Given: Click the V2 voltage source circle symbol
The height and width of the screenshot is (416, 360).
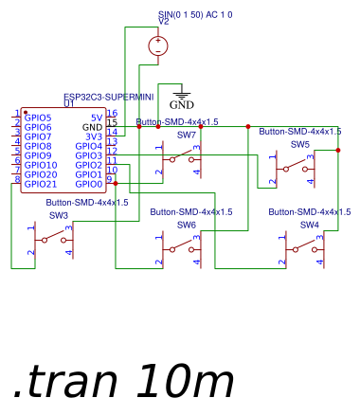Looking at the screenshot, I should click(x=158, y=45).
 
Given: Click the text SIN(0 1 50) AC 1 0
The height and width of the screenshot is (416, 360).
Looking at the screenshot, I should click(x=195, y=15).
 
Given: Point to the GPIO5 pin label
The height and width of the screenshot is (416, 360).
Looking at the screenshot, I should click(x=38, y=118).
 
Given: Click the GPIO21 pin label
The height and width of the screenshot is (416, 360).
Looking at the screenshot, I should click(x=41, y=184).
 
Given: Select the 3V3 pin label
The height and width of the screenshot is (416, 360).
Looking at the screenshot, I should click(x=93, y=136).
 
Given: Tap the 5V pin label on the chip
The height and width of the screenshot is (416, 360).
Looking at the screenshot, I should click(x=96, y=118).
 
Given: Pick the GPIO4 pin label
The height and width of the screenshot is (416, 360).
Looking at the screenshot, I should click(x=88, y=146).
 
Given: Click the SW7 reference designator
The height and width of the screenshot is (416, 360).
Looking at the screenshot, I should click(x=187, y=135).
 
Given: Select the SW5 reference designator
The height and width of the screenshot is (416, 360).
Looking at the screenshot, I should click(x=299, y=144).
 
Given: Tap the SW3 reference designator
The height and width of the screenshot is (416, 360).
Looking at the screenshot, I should click(x=59, y=215).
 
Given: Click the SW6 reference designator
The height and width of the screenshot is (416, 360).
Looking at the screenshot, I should click(x=187, y=225).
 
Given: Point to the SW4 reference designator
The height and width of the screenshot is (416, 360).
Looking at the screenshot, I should click(x=309, y=225).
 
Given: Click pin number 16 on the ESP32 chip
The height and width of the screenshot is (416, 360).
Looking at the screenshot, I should click(x=112, y=114).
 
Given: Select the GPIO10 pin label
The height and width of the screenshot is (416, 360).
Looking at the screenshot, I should click(x=41, y=165).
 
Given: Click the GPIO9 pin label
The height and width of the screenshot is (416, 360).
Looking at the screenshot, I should click(x=38, y=155).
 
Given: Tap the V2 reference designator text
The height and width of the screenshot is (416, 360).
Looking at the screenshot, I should click(x=163, y=22).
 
